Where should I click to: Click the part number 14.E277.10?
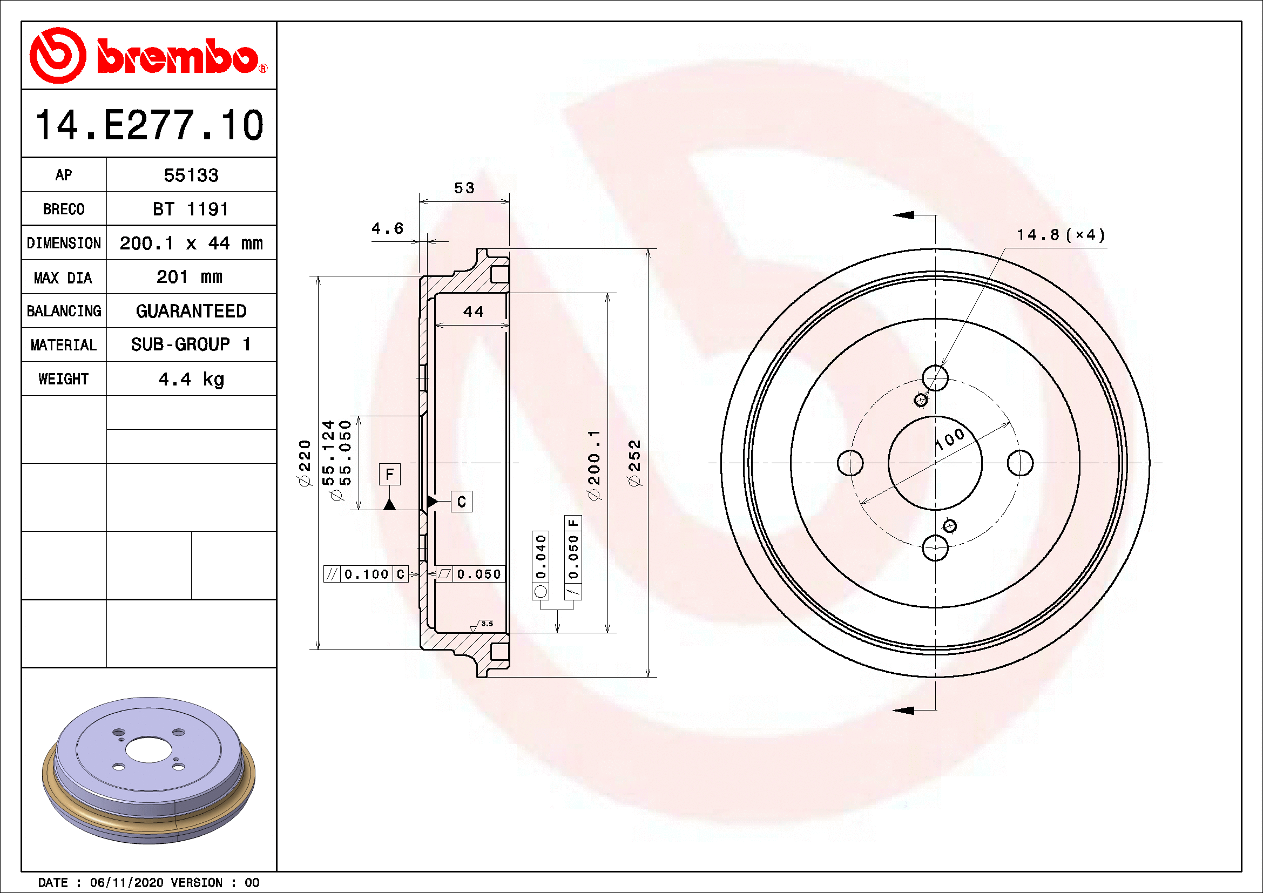(149, 125)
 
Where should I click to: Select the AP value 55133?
(191, 175)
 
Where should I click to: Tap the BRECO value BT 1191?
(190, 209)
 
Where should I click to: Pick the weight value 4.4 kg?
(191, 380)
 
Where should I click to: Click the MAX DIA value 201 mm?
(189, 277)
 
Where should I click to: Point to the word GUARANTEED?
(191, 311)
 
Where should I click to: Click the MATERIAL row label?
(63, 346)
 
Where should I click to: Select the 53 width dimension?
(464, 188)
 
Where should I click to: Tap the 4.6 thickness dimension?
(387, 229)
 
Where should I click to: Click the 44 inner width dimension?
(473, 312)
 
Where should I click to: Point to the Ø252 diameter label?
(634, 463)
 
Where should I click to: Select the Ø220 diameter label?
(304, 463)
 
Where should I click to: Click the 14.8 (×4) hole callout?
(1060, 235)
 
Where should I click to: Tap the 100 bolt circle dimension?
(949, 438)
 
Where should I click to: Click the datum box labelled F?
(389, 474)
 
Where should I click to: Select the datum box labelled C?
(461, 502)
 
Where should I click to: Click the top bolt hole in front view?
(935, 378)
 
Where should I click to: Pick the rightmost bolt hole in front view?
(1020, 463)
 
